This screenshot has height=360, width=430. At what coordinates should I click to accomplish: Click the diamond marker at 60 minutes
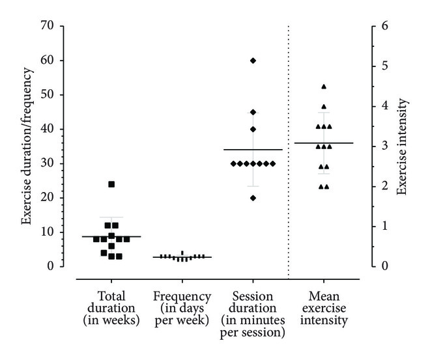tap(253, 61)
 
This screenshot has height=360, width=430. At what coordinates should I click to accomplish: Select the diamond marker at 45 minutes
tap(253, 112)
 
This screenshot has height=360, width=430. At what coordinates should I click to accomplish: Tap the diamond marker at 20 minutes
tap(253, 198)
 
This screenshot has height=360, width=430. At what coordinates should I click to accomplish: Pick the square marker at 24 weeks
tap(111, 184)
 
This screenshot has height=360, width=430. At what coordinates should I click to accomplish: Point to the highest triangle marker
tap(324, 87)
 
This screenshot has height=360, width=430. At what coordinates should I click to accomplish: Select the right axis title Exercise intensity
tap(403, 146)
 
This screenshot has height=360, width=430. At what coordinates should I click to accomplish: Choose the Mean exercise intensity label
tap(324, 307)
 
